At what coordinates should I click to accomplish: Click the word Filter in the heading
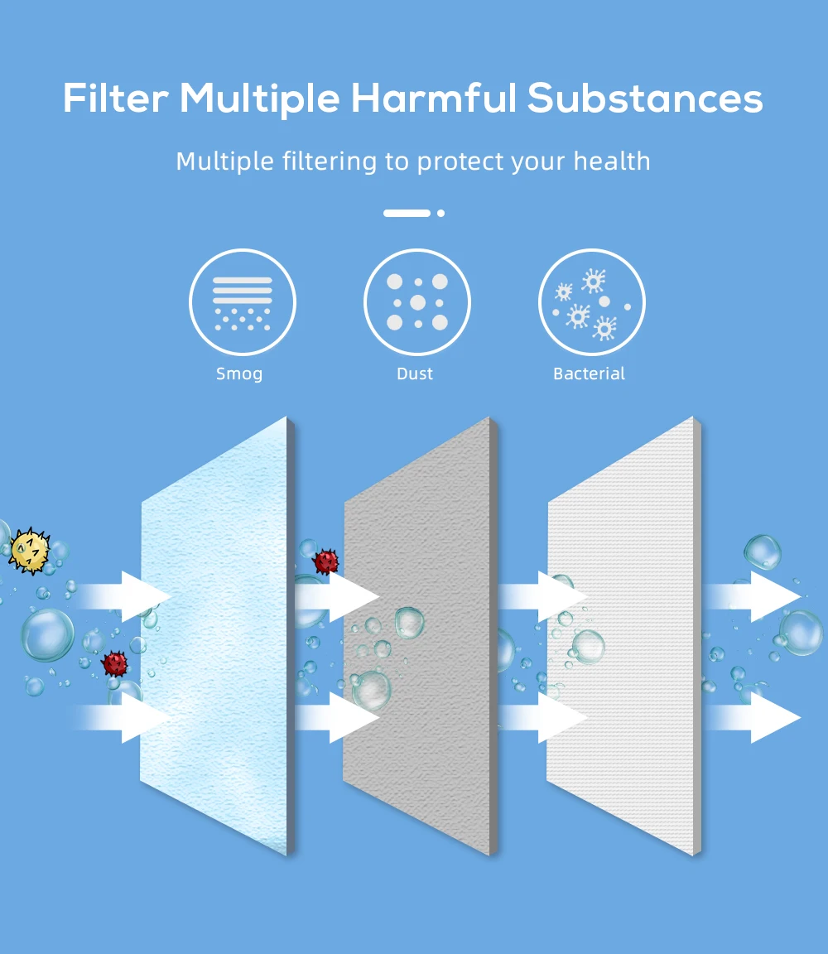[x=116, y=99]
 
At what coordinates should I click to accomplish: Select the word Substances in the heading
[x=645, y=99]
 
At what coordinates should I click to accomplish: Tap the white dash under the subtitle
[x=407, y=213]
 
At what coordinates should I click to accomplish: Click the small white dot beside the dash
[x=440, y=213]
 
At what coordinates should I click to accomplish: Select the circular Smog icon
[x=243, y=302]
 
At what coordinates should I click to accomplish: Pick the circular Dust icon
[x=417, y=302]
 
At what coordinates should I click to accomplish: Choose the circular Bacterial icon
[x=591, y=302]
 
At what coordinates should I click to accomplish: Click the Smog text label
[x=239, y=373]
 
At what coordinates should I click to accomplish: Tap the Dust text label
[x=415, y=373]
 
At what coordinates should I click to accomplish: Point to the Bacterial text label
[x=589, y=373]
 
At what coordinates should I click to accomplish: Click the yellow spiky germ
[x=29, y=551]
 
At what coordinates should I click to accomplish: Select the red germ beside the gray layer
[x=326, y=562]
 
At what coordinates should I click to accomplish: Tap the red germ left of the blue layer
[x=115, y=663]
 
